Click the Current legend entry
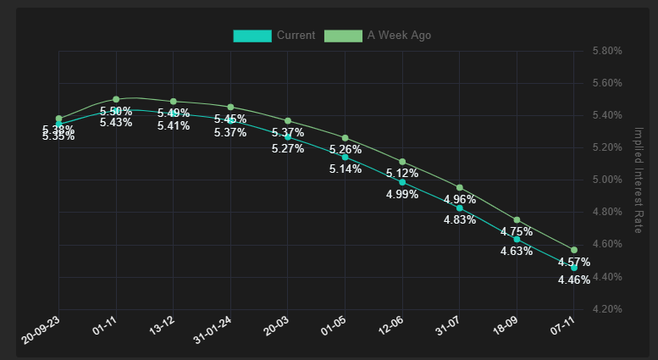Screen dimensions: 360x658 tap(274, 36)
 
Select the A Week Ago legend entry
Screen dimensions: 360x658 tap(379, 36)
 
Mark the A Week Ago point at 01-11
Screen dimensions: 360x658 tap(116, 99)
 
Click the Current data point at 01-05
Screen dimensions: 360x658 tap(345, 158)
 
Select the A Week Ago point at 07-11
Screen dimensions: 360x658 tap(574, 250)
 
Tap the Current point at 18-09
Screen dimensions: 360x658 tap(517, 239)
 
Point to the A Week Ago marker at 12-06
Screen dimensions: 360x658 tap(402, 162)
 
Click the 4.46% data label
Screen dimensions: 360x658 tap(574, 280)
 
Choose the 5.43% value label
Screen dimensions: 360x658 tap(116, 123)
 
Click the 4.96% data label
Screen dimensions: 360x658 tap(460, 201)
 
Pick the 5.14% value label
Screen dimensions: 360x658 tap(346, 169)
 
